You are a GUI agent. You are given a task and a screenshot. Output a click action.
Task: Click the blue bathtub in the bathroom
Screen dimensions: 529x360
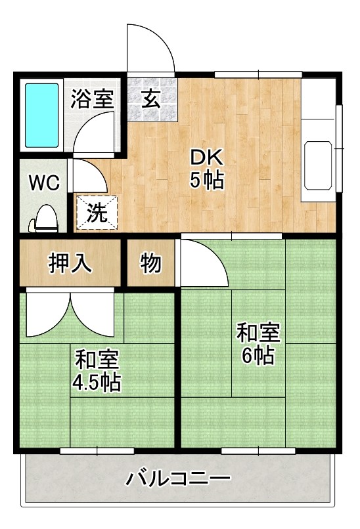tap(42, 115)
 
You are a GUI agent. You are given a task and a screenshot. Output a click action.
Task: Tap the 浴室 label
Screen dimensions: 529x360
tap(93, 99)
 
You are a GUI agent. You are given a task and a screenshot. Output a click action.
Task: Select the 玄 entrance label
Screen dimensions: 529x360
tap(151, 99)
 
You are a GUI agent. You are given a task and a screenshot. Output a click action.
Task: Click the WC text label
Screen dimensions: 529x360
tap(43, 182)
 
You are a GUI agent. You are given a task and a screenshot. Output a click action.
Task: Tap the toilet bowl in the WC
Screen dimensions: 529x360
tap(45, 217)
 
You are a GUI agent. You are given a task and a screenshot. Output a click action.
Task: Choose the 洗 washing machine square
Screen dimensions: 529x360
tap(97, 213)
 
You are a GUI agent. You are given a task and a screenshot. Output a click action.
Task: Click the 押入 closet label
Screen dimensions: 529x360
tap(70, 263)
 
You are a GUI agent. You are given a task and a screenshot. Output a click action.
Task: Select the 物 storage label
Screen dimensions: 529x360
tap(150, 263)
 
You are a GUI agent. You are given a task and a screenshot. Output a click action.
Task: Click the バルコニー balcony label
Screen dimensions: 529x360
tap(179, 478)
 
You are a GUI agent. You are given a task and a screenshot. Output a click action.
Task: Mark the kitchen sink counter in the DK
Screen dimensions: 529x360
tap(318, 163)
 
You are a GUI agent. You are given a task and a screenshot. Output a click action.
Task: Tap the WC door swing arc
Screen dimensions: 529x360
tap(87, 175)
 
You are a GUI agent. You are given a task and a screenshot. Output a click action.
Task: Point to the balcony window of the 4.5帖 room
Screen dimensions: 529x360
tap(97, 451)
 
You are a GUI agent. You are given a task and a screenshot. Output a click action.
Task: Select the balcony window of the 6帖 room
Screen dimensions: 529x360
tap(258, 451)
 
